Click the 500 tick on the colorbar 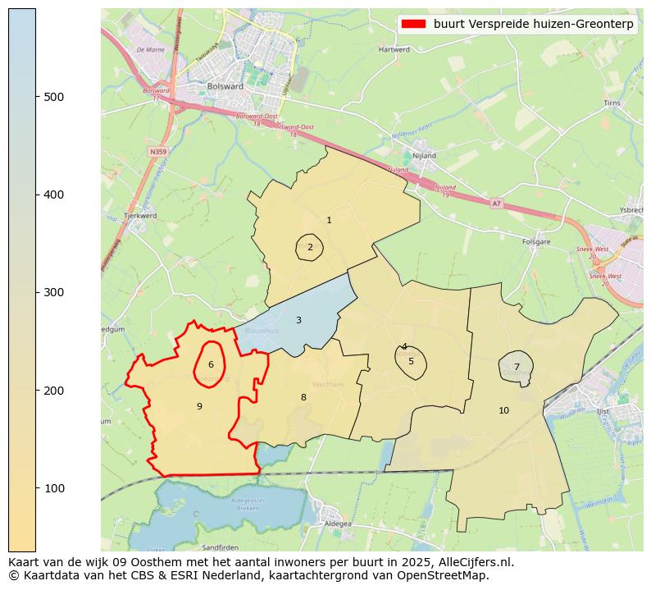(36, 97)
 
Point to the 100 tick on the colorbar (36, 488)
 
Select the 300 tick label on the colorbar (53, 293)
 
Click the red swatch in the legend (413, 24)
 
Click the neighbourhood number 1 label (329, 220)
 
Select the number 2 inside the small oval (310, 247)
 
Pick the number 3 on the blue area (298, 320)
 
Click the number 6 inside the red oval (211, 364)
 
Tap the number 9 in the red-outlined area (199, 406)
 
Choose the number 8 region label (303, 397)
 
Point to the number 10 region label (503, 410)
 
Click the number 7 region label (517, 367)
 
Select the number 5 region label (411, 361)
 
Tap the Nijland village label (424, 155)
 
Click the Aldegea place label (338, 523)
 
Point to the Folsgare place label (535, 241)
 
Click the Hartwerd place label (394, 49)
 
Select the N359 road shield (158, 152)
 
